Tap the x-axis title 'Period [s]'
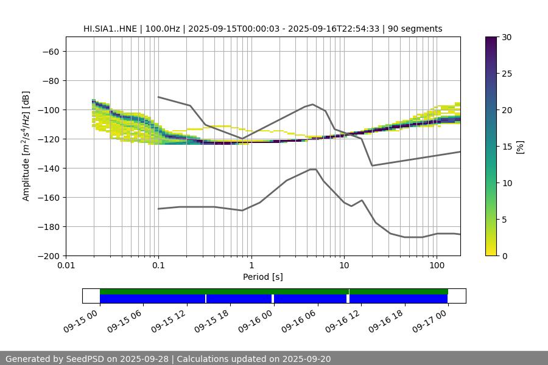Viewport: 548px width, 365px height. point(263,277)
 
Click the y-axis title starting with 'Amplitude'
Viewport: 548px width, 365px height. point(26,146)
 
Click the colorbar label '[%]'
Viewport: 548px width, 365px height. point(519,147)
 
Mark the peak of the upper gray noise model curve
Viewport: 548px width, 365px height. point(313,104)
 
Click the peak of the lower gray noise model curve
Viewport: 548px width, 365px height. point(313,169)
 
